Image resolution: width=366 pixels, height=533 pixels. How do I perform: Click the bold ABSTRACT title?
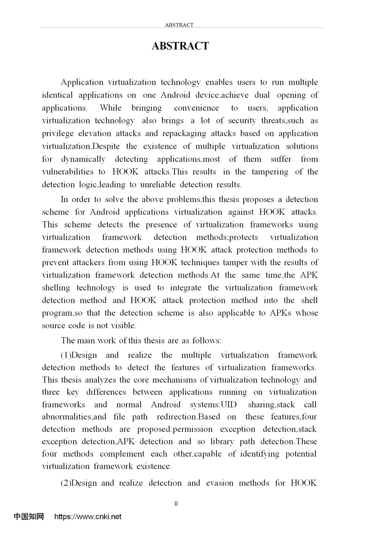pyautogui.click(x=180, y=46)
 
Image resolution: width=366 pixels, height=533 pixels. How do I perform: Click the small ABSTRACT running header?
pyautogui.click(x=179, y=25)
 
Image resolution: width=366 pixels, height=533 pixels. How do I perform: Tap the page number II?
pyautogui.click(x=176, y=504)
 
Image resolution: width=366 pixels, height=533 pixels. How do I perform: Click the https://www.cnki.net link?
pyautogui.click(x=88, y=516)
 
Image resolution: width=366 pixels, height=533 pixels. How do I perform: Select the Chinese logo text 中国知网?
pyautogui.click(x=29, y=516)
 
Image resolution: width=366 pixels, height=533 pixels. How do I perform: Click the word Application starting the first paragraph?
pyautogui.click(x=82, y=82)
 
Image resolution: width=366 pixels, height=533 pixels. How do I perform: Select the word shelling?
pyautogui.click(x=56, y=288)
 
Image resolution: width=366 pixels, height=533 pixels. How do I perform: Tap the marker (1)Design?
pyautogui.click(x=79, y=355)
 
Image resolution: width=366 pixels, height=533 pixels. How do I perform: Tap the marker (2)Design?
pyautogui.click(x=79, y=483)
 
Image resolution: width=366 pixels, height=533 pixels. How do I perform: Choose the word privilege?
pyautogui.click(x=57, y=134)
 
